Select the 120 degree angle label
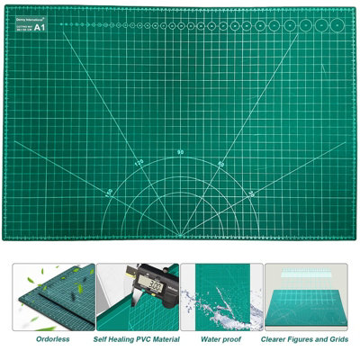coord(139,163)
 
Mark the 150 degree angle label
coord(109,192)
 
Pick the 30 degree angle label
coord(252,192)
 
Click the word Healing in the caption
coord(127,341)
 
